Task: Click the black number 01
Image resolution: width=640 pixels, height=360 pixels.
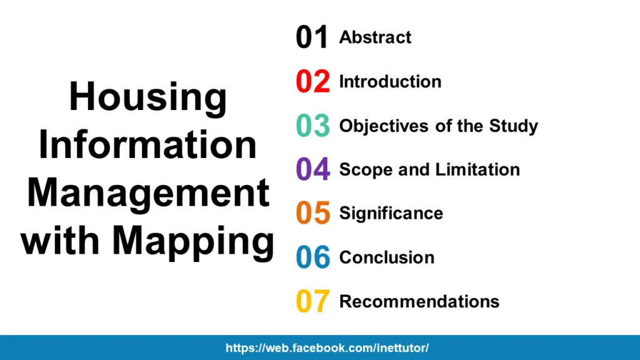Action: coord(312,37)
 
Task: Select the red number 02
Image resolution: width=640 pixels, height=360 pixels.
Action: coord(312,82)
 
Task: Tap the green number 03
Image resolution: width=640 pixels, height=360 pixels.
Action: coord(312,126)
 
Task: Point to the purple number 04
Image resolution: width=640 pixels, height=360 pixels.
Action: coord(312,169)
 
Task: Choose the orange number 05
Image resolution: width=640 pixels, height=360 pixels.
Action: coord(312,213)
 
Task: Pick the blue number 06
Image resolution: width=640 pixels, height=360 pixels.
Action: coord(312,257)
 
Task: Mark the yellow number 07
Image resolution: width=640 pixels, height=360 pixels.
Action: coord(312,301)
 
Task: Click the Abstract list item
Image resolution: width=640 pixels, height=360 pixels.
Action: coord(375,37)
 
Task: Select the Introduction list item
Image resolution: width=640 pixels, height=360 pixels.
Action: coord(390,82)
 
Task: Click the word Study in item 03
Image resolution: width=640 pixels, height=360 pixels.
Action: coord(513,127)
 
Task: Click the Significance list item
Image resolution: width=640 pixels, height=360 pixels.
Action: coord(391,214)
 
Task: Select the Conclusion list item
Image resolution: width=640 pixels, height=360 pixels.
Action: coord(386,257)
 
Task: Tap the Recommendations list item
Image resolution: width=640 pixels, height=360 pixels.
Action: coord(419,301)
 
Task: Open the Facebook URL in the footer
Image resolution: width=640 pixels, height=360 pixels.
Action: coord(327,348)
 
